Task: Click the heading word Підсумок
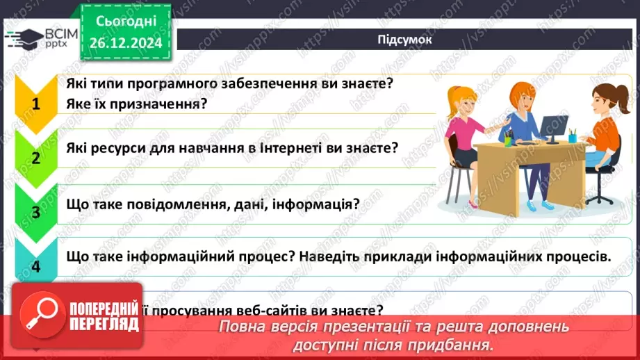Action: click(x=405, y=40)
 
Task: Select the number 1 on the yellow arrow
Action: click(x=35, y=105)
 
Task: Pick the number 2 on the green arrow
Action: click(x=35, y=158)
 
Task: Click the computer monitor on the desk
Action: click(x=553, y=127)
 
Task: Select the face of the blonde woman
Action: click(x=462, y=101)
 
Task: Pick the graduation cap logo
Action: click(x=24, y=38)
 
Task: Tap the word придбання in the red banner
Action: click(x=456, y=344)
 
